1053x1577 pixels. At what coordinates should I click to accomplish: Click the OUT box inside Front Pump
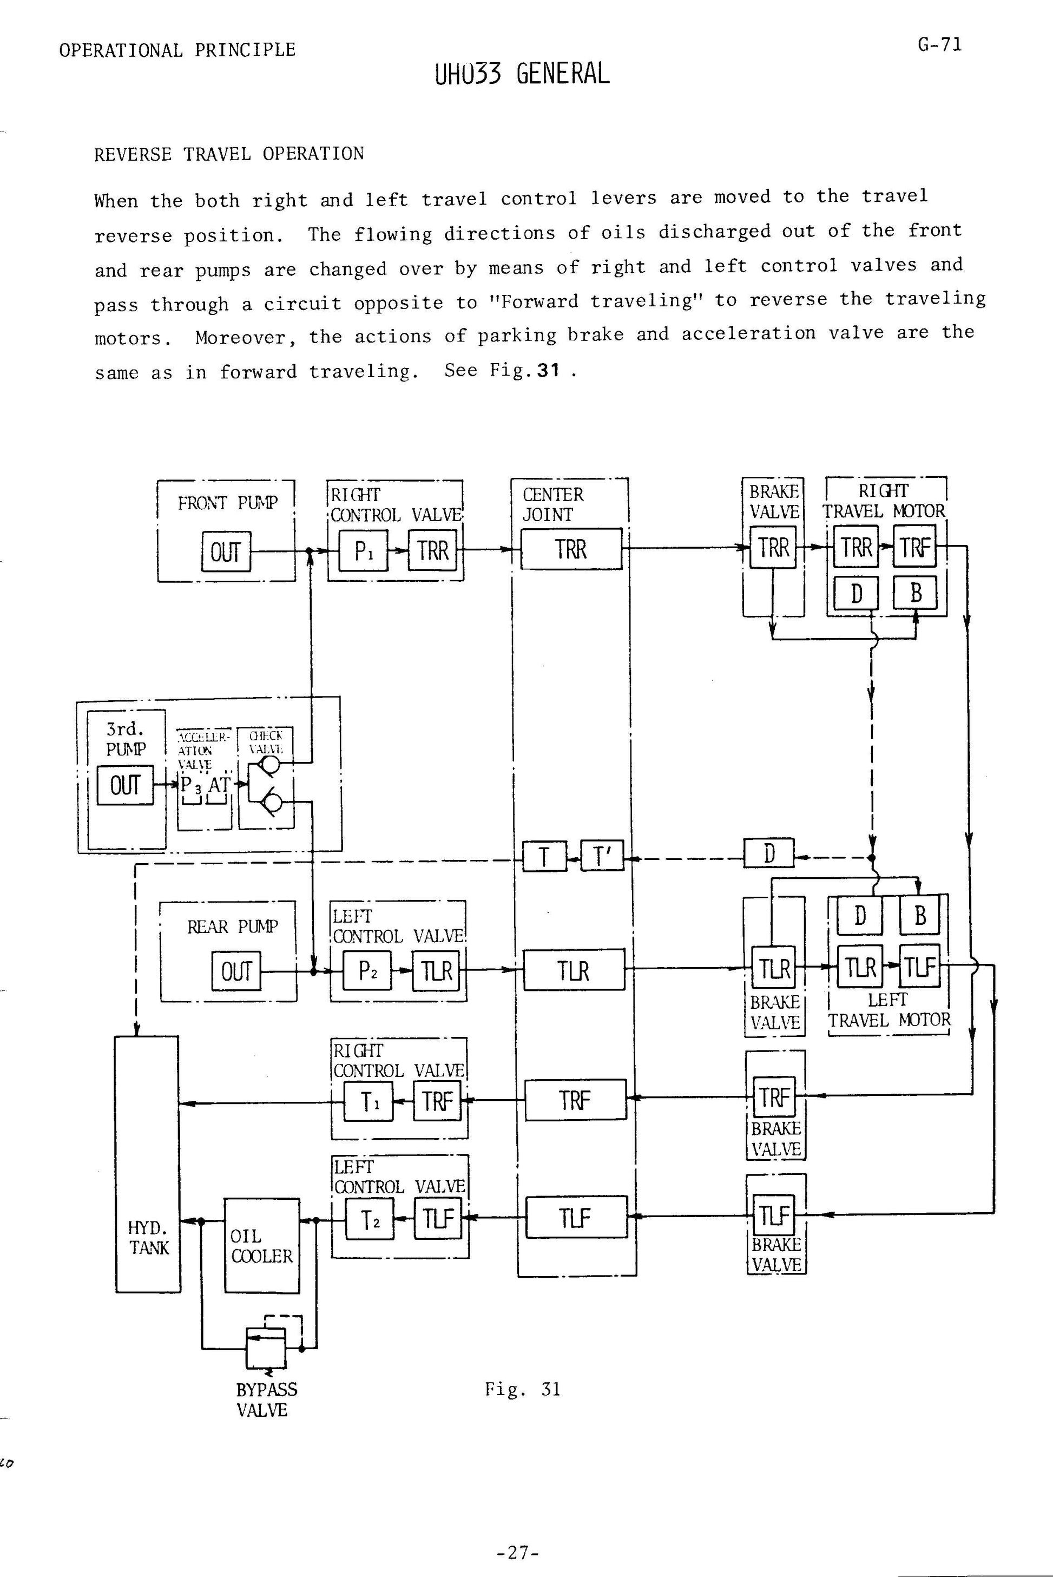(x=226, y=551)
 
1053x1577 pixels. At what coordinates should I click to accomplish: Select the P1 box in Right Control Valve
(x=363, y=551)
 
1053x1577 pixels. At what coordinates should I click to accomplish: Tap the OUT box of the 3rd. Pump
(x=125, y=785)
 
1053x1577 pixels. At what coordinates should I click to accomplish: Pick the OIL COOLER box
(x=261, y=1245)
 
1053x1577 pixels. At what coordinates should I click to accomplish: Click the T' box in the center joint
(x=601, y=856)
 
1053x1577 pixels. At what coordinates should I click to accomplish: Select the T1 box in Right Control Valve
(x=368, y=1101)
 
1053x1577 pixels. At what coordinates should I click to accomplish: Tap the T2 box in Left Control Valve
(x=370, y=1218)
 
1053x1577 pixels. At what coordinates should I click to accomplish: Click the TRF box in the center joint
(x=575, y=1100)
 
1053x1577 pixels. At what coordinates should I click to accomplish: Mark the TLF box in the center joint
(x=576, y=1217)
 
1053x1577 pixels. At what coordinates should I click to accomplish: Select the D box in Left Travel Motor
(x=860, y=915)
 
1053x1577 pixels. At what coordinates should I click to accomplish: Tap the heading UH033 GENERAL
(x=523, y=73)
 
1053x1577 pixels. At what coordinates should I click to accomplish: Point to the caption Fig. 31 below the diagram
(x=523, y=1389)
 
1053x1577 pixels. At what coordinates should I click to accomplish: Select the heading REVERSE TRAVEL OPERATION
(x=229, y=154)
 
